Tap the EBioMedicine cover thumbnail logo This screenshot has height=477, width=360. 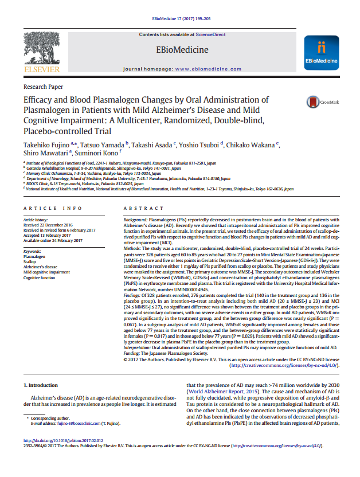point(320,52)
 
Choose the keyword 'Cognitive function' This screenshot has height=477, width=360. point(39,277)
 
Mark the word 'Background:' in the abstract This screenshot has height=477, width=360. point(136,220)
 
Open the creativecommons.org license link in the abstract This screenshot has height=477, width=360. point(284,365)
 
